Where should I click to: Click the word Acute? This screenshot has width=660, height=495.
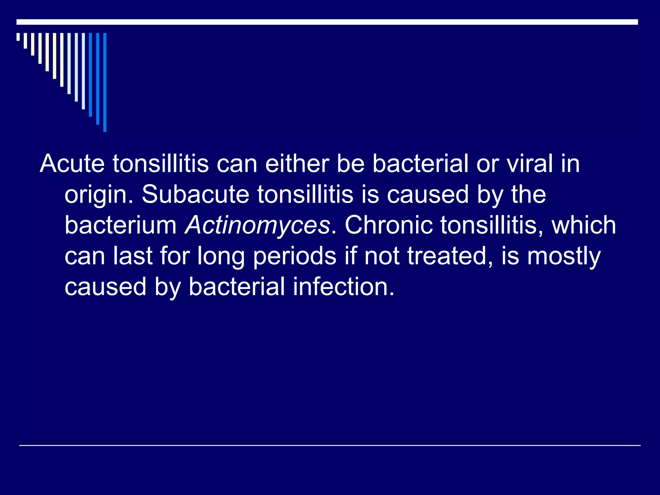[72, 164]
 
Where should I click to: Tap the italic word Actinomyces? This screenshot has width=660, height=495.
[257, 225]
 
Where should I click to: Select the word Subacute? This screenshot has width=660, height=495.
[195, 194]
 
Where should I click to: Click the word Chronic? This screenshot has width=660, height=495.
[389, 225]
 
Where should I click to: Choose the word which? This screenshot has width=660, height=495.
[584, 225]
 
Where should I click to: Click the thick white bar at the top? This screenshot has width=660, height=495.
[327, 22]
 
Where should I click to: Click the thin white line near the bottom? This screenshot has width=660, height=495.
[330, 445]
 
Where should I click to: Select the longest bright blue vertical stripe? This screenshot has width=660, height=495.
[105, 82]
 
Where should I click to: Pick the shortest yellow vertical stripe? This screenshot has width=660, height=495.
[18, 37]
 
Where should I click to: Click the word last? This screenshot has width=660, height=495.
[132, 256]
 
